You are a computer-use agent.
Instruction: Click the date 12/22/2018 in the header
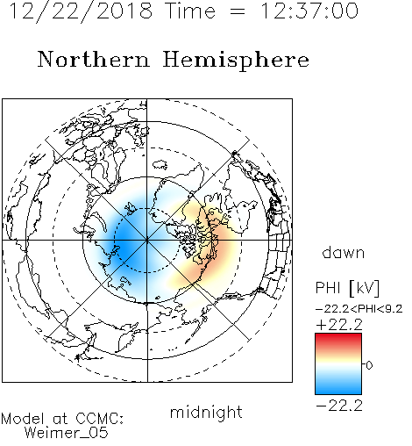point(81,11)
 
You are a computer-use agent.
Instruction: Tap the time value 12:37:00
point(309,11)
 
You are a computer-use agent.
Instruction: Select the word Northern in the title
point(94,59)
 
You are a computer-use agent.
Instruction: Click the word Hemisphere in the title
point(236,61)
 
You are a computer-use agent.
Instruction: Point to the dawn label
point(344,252)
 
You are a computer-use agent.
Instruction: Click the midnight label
point(206,412)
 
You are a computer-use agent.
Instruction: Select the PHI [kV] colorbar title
point(347,288)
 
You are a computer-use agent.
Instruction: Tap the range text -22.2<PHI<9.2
point(359,309)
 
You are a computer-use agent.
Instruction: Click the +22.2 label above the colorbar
point(339,325)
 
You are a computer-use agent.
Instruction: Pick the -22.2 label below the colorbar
point(339,406)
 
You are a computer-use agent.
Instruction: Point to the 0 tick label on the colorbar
point(369,365)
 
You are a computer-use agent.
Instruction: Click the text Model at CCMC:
point(62,419)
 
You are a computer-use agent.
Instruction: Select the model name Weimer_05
point(67,433)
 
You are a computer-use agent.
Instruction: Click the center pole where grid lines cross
point(147,241)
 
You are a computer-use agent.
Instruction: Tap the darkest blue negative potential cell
point(127,244)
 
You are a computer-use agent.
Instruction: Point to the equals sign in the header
point(238,11)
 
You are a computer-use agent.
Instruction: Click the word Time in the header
point(191,11)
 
